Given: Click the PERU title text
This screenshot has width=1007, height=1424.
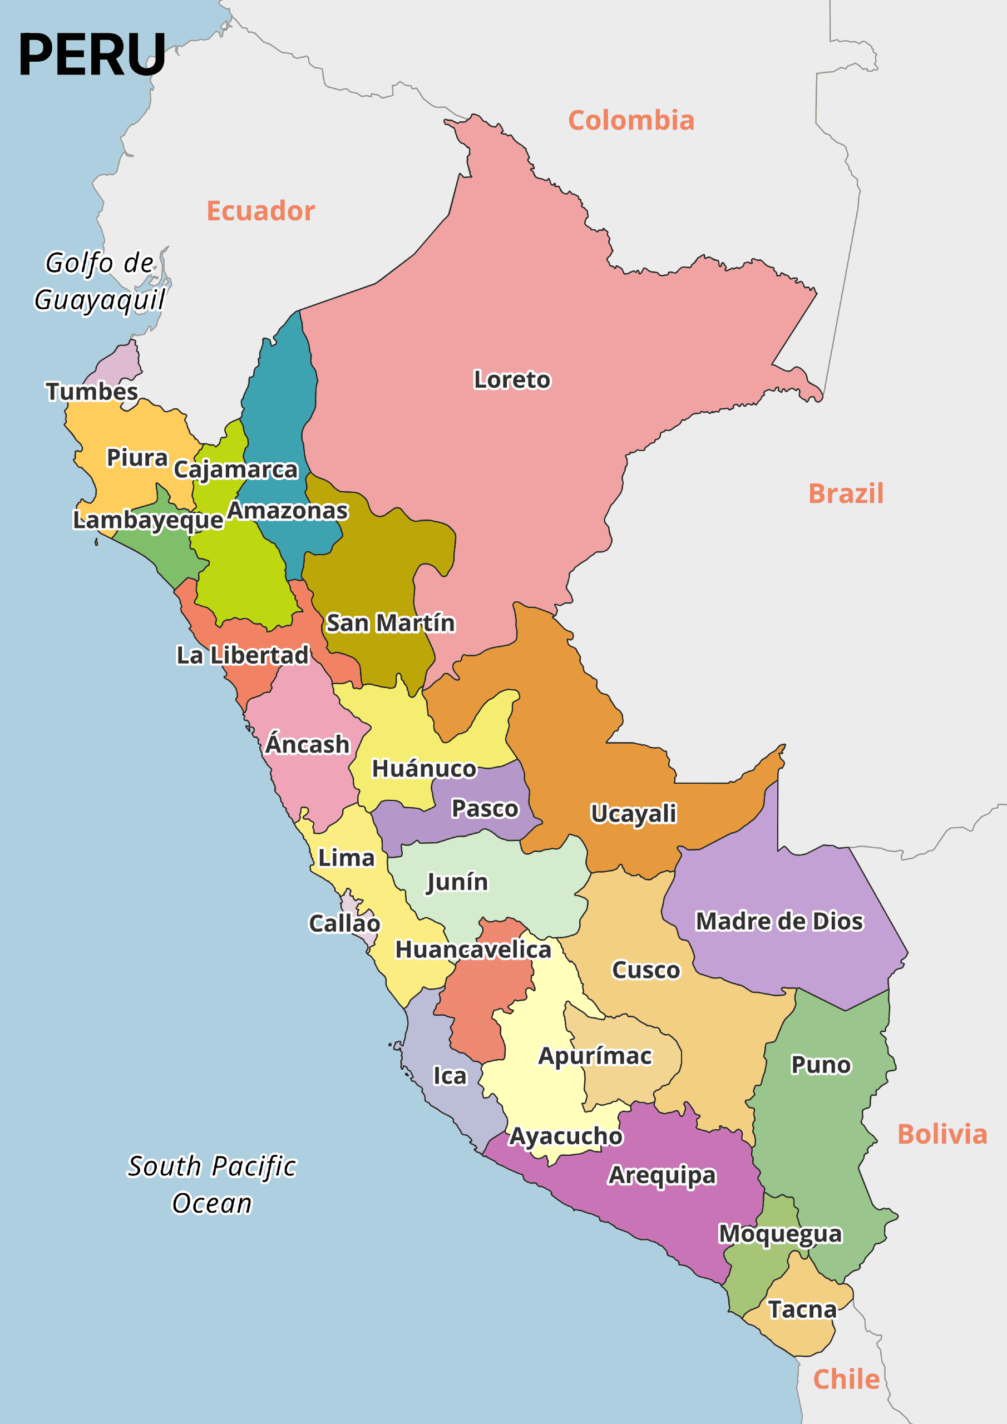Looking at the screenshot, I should (x=92, y=55).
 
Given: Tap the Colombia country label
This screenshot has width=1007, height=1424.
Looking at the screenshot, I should (x=631, y=120).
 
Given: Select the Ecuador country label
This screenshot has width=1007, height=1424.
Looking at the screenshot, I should (x=260, y=211).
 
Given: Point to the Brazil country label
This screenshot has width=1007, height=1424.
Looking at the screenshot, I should (x=846, y=494).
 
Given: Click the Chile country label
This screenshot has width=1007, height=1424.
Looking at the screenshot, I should (x=846, y=1379).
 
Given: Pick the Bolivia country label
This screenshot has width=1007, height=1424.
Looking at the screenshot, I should (x=942, y=1134).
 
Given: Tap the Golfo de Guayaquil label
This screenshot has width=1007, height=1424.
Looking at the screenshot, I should (x=99, y=281).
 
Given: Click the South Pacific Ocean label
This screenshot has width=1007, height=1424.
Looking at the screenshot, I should (x=211, y=1185).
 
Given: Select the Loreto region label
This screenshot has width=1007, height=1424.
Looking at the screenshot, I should (x=512, y=379).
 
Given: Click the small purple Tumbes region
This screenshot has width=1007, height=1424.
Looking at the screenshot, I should (x=118, y=363).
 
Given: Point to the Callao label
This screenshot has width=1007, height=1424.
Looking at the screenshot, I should (x=344, y=923).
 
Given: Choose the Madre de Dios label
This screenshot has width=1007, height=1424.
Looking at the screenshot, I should (x=779, y=921).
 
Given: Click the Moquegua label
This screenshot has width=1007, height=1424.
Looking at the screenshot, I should (x=780, y=1234).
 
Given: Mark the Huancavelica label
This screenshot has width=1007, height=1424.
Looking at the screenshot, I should (x=473, y=950).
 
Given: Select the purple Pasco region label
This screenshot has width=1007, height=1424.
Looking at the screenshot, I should (x=485, y=809).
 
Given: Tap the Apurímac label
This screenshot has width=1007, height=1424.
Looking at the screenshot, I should (x=595, y=1056).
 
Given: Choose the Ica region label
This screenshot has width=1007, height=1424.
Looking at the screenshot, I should (x=449, y=1075).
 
